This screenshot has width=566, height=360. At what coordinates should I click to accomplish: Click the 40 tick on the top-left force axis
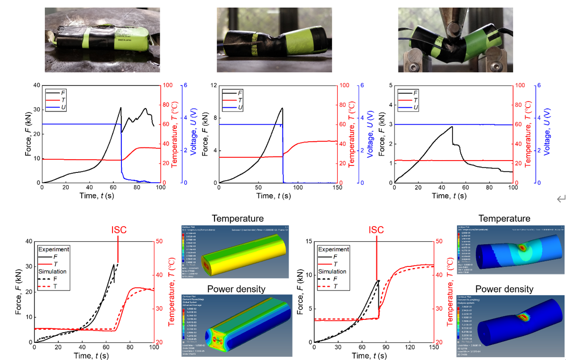(36, 85)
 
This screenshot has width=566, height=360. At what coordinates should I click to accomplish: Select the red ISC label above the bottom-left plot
(118, 230)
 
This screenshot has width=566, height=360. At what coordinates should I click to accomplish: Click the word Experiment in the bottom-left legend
(54, 249)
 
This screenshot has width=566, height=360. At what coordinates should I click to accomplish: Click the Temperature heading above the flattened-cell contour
(238, 219)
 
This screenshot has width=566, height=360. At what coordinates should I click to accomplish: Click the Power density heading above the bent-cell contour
(504, 289)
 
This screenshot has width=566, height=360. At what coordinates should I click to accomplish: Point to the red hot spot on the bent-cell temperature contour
(521, 247)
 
